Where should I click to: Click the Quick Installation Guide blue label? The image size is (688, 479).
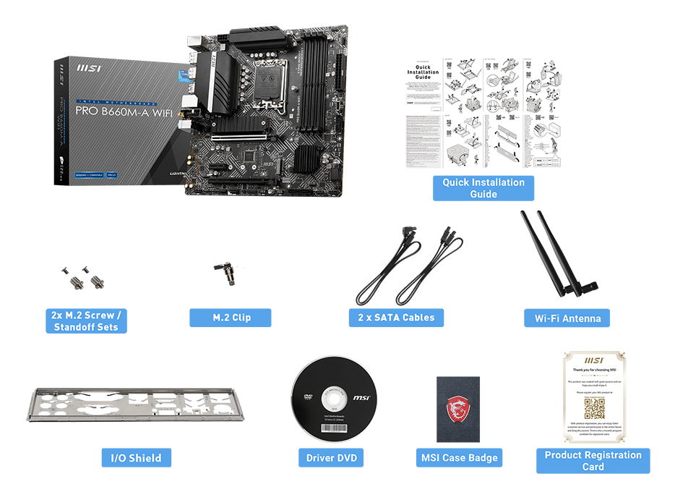[x=483, y=188]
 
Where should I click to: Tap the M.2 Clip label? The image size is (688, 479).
[x=231, y=318]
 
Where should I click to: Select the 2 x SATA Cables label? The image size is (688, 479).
[x=396, y=318]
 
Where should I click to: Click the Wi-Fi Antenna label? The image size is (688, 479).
[x=567, y=318]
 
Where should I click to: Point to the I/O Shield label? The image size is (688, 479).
[x=136, y=457]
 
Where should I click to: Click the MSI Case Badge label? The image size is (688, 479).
[x=460, y=457]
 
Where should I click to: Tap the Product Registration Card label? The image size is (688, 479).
[x=593, y=461]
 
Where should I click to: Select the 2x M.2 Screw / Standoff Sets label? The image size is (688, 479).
[x=85, y=321]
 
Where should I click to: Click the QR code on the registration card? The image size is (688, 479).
[x=594, y=409]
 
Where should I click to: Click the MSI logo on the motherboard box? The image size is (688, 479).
[x=89, y=70]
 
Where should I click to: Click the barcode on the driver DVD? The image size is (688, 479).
[x=332, y=428]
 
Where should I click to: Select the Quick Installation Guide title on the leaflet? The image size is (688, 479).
[x=423, y=72]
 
